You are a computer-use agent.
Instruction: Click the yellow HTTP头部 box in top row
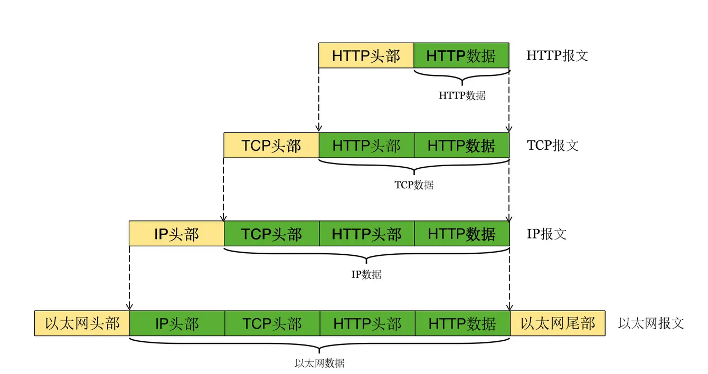[x=366, y=55]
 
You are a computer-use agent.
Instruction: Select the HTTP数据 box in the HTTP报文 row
[x=461, y=55]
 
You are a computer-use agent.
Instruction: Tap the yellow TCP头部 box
[x=271, y=145]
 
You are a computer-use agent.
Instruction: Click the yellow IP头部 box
[x=176, y=234]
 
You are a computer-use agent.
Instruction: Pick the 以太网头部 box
[x=82, y=323]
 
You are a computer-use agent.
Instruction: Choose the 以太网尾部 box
[x=558, y=323]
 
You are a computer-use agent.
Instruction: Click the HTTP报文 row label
[x=557, y=55]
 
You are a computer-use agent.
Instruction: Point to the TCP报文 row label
[x=552, y=145]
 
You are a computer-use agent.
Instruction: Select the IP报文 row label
[x=546, y=234]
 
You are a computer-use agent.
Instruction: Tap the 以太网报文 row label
[x=651, y=323]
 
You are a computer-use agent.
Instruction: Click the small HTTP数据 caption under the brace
[x=462, y=96]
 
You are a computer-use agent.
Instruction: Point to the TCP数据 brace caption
[x=414, y=185]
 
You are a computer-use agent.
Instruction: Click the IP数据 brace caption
[x=366, y=274]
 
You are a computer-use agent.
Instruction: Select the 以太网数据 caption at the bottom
[x=319, y=363]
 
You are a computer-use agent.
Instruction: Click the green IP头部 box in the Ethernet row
[x=177, y=323]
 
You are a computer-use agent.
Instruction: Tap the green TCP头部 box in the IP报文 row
[x=271, y=234]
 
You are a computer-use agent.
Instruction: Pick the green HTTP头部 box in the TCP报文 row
[x=366, y=145]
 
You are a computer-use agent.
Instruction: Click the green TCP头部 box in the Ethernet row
[x=272, y=323]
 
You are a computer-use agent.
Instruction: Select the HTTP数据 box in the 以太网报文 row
[x=462, y=323]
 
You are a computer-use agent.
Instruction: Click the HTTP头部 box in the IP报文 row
[x=366, y=234]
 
